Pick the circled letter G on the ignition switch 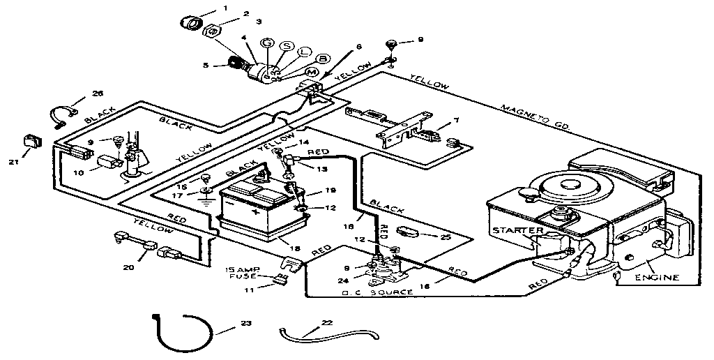click(x=266, y=43)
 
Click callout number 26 click(x=98, y=94)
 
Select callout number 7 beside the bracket click(x=456, y=121)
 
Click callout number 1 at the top click(x=225, y=8)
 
